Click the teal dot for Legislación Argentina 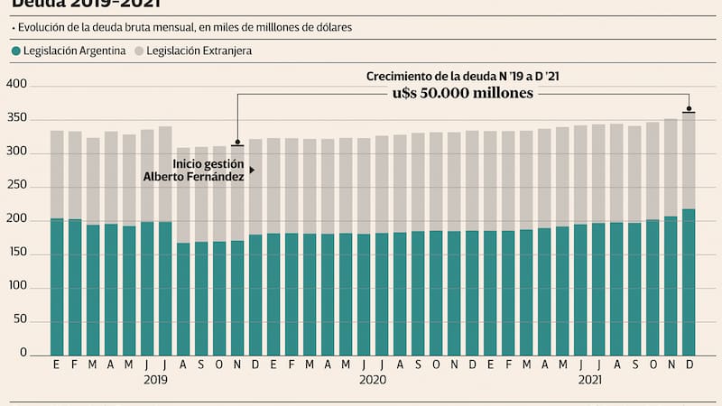point(16,51)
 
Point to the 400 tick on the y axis point(18,85)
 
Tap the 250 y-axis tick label point(18,187)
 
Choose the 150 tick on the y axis point(18,254)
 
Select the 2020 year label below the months point(373,381)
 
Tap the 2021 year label point(590,381)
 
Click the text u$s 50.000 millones point(462,93)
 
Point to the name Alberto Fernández point(194,176)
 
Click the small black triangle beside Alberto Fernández point(252,170)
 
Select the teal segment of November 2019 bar point(237,298)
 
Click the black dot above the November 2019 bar point(237,142)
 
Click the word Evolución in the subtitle point(44,28)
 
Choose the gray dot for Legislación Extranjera point(138,51)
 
